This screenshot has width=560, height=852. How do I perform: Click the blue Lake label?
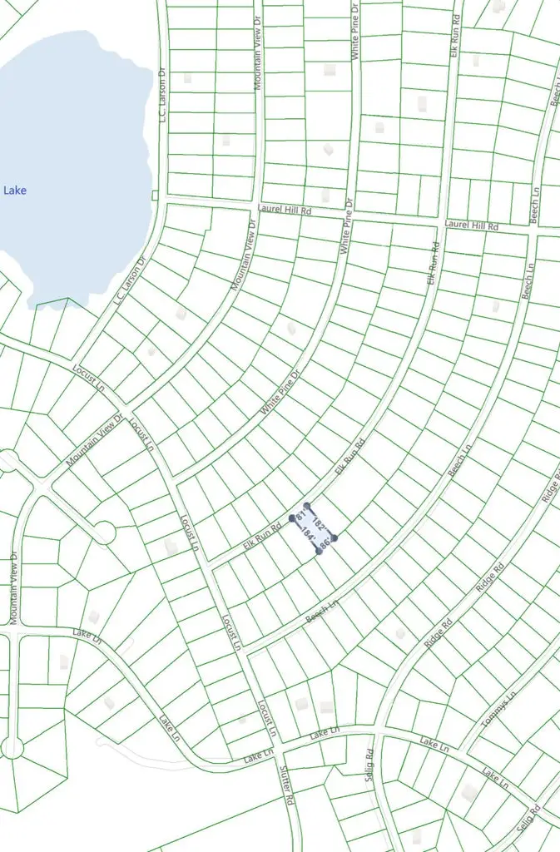click(15, 191)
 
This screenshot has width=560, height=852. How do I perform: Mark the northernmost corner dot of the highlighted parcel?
click(307, 505)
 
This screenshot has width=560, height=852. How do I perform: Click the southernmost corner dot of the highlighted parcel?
click(319, 551)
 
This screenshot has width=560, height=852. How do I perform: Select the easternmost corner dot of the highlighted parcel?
click(335, 537)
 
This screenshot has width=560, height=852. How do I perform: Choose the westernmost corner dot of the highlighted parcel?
click(292, 518)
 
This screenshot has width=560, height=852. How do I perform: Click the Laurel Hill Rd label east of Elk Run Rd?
click(471, 225)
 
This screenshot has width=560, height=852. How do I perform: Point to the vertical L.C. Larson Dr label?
click(163, 93)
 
